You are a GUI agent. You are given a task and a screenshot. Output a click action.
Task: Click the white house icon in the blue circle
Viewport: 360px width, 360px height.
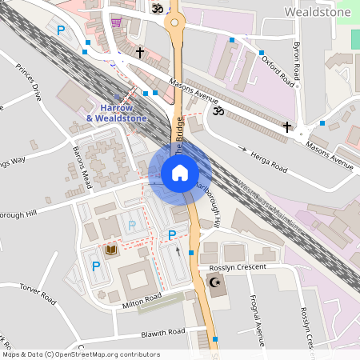coord(180,172)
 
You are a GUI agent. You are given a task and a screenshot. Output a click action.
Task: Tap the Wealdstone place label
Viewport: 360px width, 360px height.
coord(318,11)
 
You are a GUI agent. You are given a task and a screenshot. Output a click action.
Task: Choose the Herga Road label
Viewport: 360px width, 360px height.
coord(268,161)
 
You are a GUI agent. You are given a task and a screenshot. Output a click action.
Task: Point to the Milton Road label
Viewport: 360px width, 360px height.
coord(142,300)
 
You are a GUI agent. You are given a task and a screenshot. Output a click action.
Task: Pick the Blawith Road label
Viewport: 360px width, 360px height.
coord(162,331)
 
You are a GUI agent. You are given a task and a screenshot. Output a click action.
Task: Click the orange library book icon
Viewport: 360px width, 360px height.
coord(111,251)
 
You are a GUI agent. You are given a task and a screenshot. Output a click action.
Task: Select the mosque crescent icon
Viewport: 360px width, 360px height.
coord(214,282)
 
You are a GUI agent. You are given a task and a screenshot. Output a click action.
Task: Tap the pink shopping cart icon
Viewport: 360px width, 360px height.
coord(117,22)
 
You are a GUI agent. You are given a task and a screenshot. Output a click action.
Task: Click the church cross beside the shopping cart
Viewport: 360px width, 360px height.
coord(140,53)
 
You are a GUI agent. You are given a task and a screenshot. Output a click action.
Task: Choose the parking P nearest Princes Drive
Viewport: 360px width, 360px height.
coord(61,31)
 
